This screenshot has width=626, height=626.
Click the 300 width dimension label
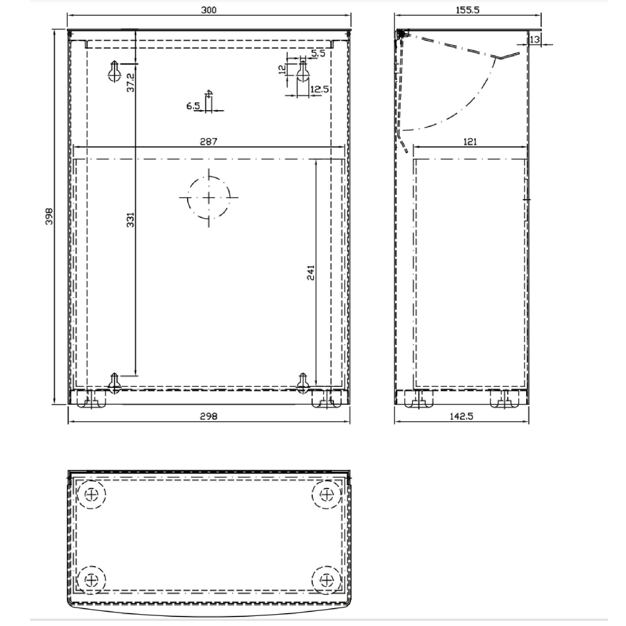(209, 10)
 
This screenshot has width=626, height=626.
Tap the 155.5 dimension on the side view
(468, 10)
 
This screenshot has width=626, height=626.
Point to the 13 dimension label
(535, 39)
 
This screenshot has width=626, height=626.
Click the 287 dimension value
(209, 141)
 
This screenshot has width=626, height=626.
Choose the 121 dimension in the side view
(470, 141)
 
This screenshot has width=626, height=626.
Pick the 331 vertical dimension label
(130, 220)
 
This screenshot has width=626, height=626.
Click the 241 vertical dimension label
(310, 273)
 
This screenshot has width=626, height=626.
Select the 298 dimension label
(209, 416)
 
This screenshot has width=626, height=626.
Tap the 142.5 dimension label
(461, 416)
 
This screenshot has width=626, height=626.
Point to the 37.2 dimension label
(130, 82)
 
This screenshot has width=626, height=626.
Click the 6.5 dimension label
(193, 106)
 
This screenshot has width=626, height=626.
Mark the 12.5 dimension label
(320, 89)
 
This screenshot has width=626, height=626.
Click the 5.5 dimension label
(318, 53)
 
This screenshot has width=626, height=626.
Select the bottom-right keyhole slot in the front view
(303, 383)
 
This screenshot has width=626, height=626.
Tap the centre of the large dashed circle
(209, 198)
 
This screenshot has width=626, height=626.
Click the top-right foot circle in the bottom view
(326, 495)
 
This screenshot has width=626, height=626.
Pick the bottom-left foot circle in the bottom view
(92, 580)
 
